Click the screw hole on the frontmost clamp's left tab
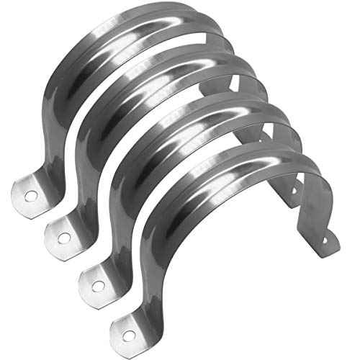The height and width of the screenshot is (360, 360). tap(128, 336)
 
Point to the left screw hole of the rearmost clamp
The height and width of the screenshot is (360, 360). tap(31, 194)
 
